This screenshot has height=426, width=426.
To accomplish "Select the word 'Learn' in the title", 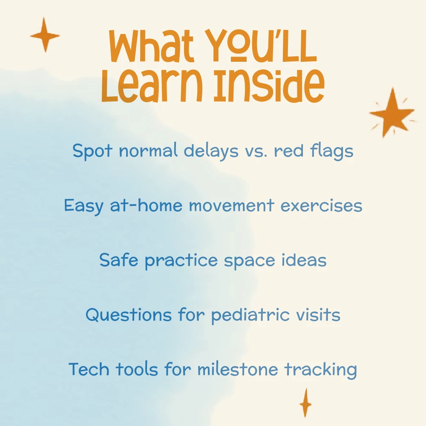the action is [x=152, y=85].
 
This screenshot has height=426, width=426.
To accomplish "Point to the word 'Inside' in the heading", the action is [x=269, y=85].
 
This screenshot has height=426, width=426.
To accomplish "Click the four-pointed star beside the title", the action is [x=45, y=35].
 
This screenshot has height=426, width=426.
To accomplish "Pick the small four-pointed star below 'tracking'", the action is [x=305, y=403].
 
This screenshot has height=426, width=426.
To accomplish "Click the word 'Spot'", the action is [x=92, y=151].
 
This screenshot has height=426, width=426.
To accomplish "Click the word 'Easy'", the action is [x=83, y=206].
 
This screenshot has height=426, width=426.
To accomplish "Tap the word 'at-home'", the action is [x=146, y=205].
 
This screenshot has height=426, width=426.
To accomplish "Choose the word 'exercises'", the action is [x=321, y=205].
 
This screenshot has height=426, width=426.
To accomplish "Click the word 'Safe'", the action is [x=119, y=260].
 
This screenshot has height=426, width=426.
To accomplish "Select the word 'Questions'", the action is [x=129, y=315].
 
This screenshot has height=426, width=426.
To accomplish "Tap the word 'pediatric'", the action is [x=250, y=315].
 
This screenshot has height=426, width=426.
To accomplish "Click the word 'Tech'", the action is [x=89, y=369].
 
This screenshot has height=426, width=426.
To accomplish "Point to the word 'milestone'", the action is [x=238, y=369].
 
